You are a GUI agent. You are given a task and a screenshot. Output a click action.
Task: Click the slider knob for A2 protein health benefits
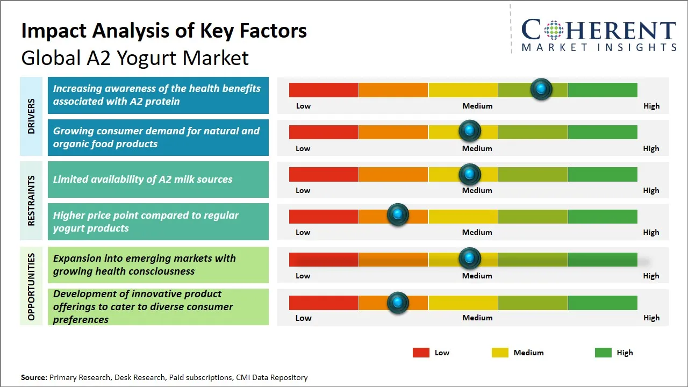[x=541, y=89]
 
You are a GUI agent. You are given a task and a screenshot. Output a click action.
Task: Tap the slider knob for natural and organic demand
[x=470, y=131]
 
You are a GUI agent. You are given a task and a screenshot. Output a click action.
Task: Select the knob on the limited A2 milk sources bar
[x=470, y=174]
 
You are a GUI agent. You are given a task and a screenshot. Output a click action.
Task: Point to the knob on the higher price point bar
[x=398, y=215]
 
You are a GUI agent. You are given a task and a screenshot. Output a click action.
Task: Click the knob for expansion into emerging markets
[x=470, y=259]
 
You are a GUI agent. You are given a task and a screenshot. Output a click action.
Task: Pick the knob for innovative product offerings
[x=398, y=303]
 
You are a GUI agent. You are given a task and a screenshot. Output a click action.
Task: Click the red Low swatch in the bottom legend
[x=421, y=353]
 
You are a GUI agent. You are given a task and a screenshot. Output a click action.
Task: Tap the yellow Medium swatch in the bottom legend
[x=500, y=353]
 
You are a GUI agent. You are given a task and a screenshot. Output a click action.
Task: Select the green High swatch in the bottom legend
[x=603, y=353]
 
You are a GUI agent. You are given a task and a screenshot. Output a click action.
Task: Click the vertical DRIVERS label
[x=31, y=116]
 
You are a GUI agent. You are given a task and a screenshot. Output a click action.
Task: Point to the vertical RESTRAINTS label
[x=31, y=200]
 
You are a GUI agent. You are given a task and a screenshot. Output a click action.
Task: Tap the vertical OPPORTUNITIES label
[x=31, y=286]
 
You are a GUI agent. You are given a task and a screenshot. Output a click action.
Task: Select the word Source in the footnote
[x=34, y=377]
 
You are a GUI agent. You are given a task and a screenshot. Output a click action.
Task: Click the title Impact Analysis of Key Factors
[x=164, y=31]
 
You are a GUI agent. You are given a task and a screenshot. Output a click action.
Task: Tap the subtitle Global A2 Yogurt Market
[x=135, y=58]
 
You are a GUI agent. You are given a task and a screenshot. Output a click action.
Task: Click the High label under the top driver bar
[x=651, y=106]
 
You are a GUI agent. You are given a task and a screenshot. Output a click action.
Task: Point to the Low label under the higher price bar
[x=303, y=232]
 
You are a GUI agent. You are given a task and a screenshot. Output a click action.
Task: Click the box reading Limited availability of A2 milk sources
[x=158, y=180]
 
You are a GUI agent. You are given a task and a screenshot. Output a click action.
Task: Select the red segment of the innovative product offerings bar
[x=324, y=303]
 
